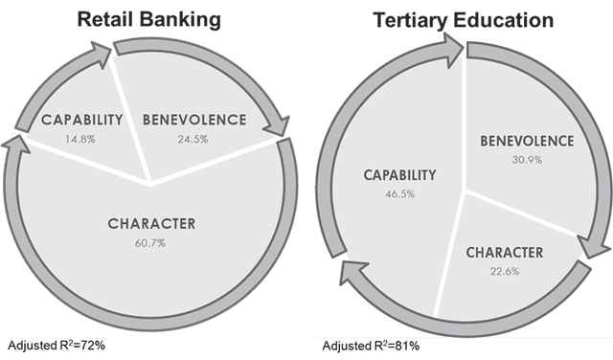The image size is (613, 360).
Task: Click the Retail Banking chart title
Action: click(x=149, y=19)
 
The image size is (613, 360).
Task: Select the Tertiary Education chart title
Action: click(x=464, y=20)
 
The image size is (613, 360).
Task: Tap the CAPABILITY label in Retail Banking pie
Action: click(x=82, y=120)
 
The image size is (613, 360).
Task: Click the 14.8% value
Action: click(x=80, y=139)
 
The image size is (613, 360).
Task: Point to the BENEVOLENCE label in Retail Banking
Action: click(x=194, y=120)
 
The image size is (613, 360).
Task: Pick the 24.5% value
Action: click(x=193, y=139)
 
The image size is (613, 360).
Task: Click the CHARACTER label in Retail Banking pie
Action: click(x=151, y=224)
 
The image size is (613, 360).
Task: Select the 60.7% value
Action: click(x=150, y=243)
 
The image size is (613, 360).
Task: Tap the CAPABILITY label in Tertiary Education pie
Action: click(x=400, y=175)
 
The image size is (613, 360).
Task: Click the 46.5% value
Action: click(x=399, y=193)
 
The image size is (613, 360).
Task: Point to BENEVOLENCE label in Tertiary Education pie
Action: click(x=527, y=141)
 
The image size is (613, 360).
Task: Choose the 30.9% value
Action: click(x=527, y=160)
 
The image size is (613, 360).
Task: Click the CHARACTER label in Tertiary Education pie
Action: click(x=505, y=253)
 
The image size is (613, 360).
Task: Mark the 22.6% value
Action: click(x=505, y=271)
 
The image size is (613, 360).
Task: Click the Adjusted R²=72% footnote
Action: click(x=57, y=346)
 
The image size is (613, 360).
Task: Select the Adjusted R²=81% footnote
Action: click(x=371, y=346)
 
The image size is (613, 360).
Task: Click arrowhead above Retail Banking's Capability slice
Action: click(x=100, y=54)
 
